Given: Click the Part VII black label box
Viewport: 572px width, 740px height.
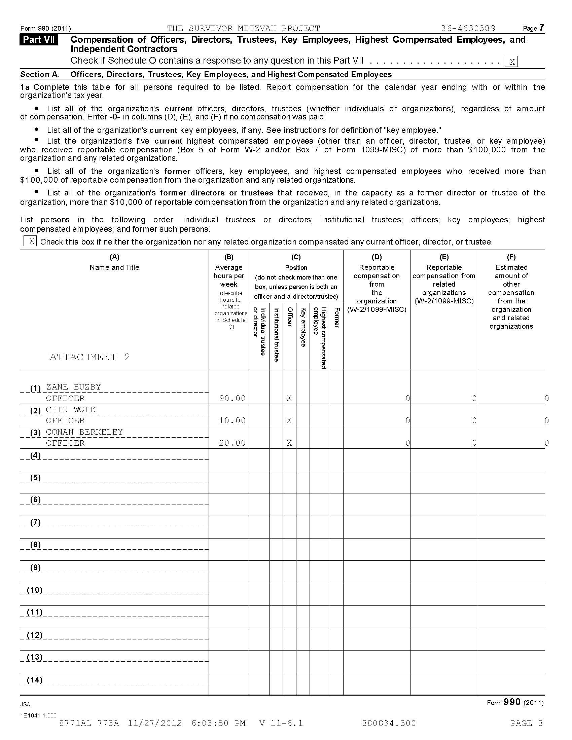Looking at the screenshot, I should [39, 40].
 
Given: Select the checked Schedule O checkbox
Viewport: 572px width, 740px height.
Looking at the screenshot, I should [511, 62].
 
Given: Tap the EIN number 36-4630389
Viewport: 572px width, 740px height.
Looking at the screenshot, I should [468, 28].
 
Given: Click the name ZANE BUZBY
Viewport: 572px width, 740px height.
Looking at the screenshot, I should [74, 387].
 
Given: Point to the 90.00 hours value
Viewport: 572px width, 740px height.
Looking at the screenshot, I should [232, 398].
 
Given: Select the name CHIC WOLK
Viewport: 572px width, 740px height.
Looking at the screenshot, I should [71, 409].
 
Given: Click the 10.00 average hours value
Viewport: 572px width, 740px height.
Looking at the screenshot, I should [232, 420].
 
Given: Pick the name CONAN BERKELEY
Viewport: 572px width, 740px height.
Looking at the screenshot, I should [84, 432].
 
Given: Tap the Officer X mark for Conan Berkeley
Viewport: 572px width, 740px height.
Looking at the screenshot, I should [289, 443].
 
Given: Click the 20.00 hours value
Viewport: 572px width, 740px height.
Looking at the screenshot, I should [232, 443].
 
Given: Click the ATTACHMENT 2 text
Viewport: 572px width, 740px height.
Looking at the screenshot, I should [90, 357].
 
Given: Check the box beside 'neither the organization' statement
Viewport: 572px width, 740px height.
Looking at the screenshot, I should [30, 241].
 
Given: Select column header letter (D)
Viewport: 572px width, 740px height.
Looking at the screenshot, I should [377, 257].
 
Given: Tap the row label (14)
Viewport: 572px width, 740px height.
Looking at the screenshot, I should [35, 680].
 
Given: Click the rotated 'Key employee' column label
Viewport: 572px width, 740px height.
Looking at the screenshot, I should [303, 327].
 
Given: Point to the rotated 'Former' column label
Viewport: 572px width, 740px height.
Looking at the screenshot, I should [336, 318].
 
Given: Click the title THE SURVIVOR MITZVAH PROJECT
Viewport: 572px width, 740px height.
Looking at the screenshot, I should [244, 28].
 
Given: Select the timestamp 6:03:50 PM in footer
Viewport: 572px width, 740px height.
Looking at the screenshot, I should [218, 723].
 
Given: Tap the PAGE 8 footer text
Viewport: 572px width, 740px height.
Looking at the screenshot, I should [526, 723].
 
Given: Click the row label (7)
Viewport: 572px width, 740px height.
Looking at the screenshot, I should [36, 522].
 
